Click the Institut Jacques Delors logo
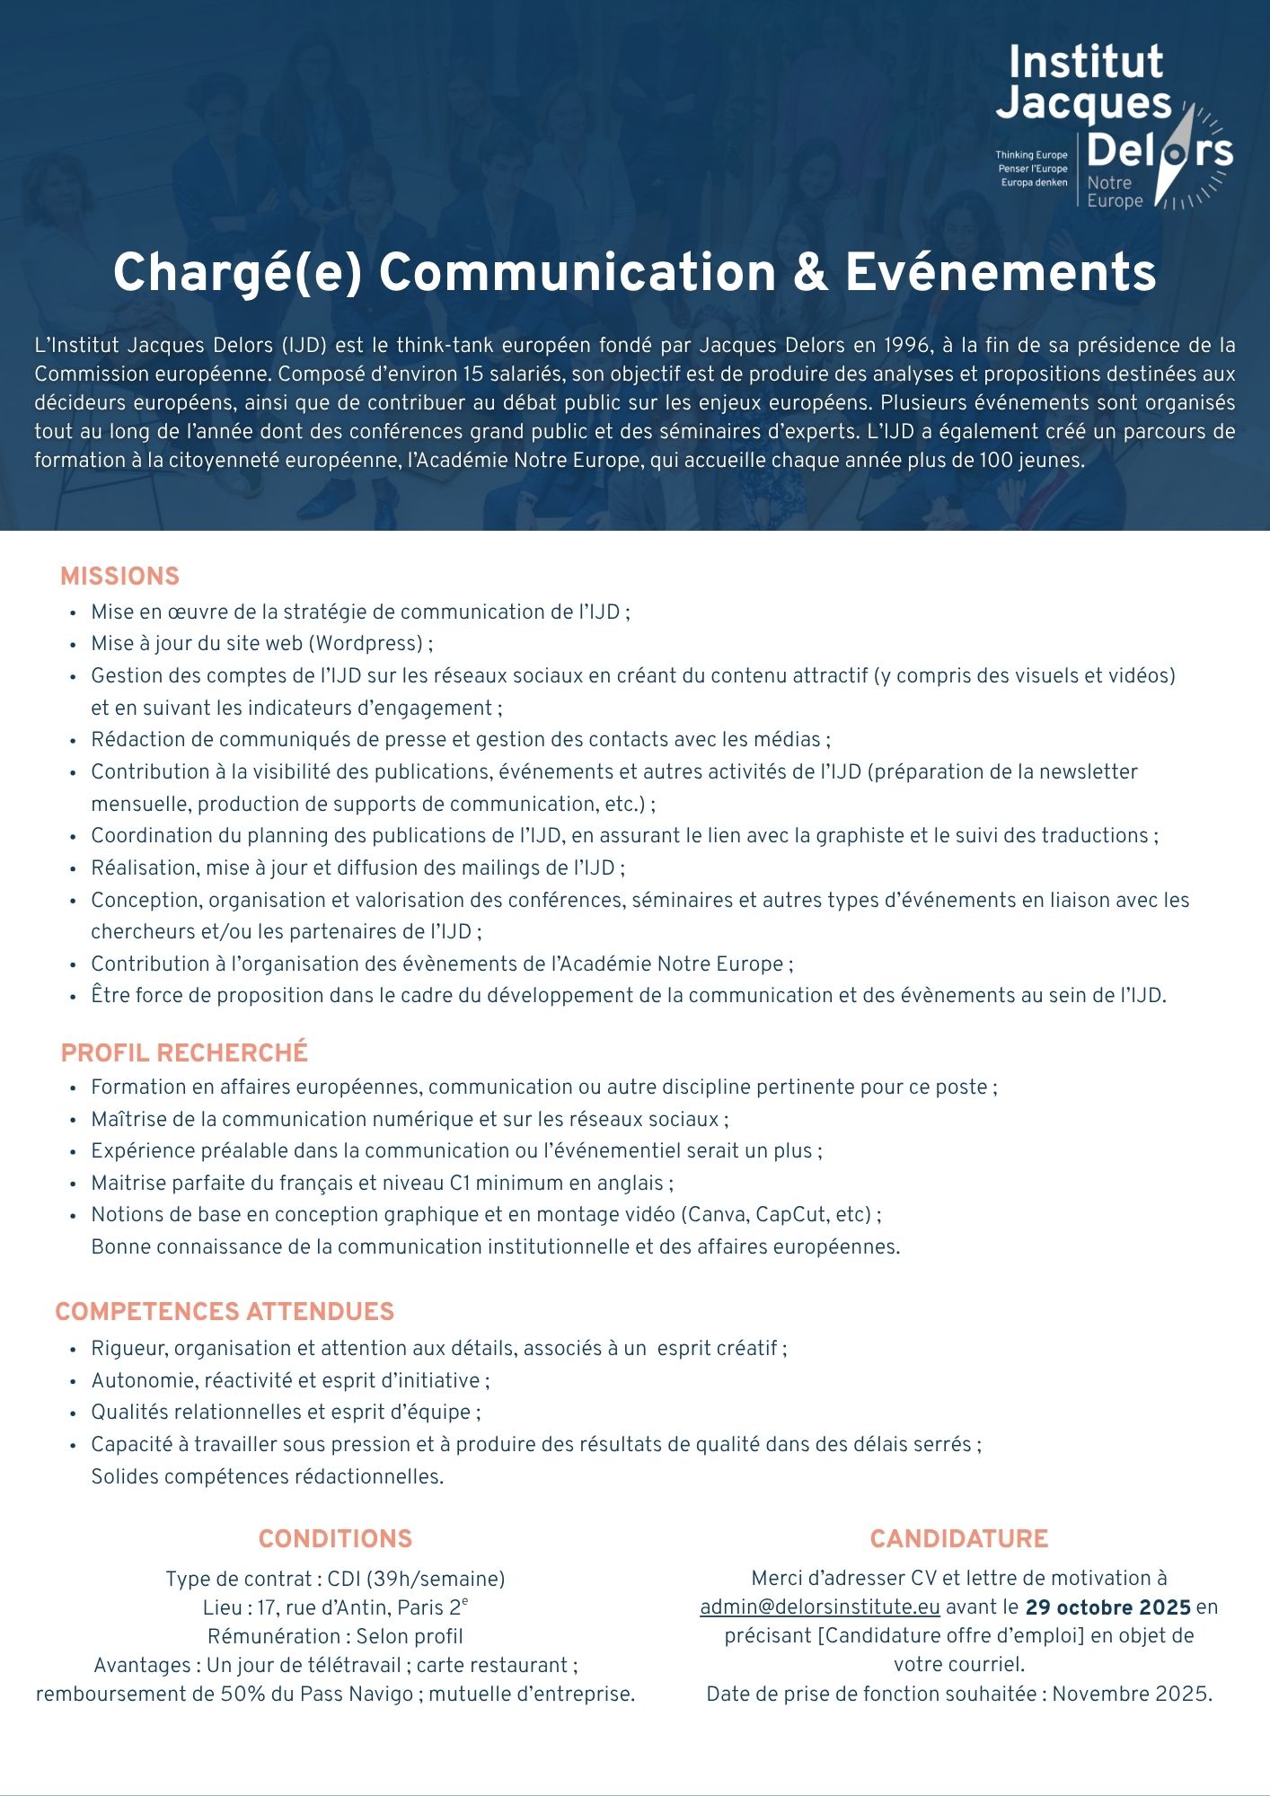coord(1114,126)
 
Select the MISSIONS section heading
coord(119,577)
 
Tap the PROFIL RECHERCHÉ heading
coord(184,1052)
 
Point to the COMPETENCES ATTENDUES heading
coord(225,1312)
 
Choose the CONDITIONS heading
coord(335,1539)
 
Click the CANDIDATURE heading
coord(959,1539)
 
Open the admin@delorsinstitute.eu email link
coord(820,1607)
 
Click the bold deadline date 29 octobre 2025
coord(1108,1607)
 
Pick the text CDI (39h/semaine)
coord(416,1579)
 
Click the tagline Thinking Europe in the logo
coord(1031,155)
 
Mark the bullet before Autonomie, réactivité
coord(72,1381)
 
